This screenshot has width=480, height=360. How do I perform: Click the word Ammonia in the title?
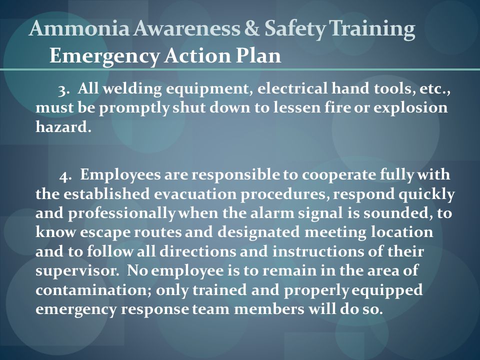pyautogui.click(x=79, y=28)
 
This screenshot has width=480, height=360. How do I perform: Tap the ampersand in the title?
pyautogui.click(x=251, y=28)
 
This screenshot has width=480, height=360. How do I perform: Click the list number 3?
pyautogui.click(x=63, y=90)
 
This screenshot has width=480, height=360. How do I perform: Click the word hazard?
pyautogui.click(x=63, y=126)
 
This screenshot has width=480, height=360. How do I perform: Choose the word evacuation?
pyautogui.click(x=195, y=194)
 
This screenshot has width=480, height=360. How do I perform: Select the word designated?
pyautogui.click(x=258, y=233)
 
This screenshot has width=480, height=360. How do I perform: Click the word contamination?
pyautogui.click(x=93, y=290)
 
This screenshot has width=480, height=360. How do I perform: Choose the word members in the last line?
pyautogui.click(x=269, y=309)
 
